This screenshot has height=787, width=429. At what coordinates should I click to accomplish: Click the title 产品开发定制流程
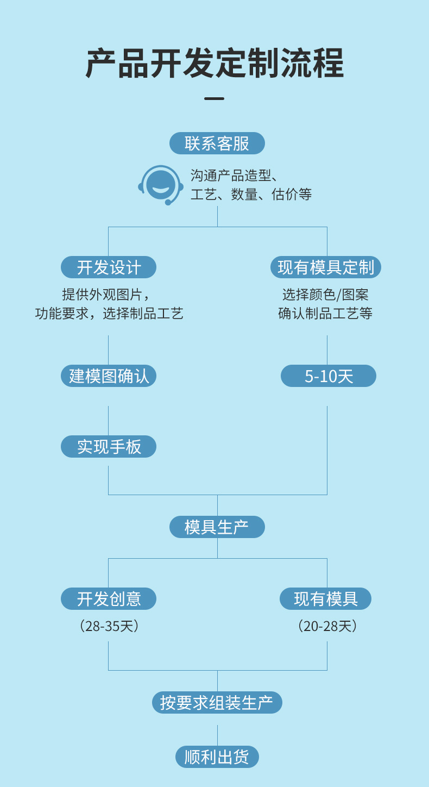pyautogui.click(x=214, y=64)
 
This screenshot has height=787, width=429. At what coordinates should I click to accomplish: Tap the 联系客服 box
pyautogui.click(x=217, y=143)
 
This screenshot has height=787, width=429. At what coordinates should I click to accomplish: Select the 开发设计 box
pyautogui.click(x=109, y=267)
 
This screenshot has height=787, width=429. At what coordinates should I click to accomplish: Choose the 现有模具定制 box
pyautogui.click(x=326, y=267)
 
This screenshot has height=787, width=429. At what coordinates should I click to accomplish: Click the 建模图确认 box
pyautogui.click(x=109, y=376)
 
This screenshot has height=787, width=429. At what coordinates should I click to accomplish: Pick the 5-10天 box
pyautogui.click(x=328, y=376)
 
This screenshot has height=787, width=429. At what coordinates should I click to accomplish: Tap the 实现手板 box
pyautogui.click(x=109, y=447)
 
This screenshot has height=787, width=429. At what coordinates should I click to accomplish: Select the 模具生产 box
pyautogui.click(x=217, y=527)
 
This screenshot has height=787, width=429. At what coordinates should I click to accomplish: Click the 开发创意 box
pyautogui.click(x=109, y=599)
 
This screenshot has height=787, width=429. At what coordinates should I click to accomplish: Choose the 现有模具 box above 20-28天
pyautogui.click(x=325, y=599)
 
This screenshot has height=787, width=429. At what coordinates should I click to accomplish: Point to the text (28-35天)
pyautogui.click(x=109, y=626)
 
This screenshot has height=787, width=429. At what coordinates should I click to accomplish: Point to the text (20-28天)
pyautogui.click(x=327, y=626)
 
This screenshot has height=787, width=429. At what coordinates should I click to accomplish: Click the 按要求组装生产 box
pyautogui.click(x=217, y=703)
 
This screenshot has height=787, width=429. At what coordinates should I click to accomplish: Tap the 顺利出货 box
pyautogui.click(x=217, y=757)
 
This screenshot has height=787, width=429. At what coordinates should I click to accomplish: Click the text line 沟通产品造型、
pyautogui.click(x=234, y=176)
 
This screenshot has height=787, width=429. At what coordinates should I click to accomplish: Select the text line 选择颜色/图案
pyautogui.click(x=325, y=295)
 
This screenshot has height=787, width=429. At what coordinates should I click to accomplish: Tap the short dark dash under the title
pyautogui.click(x=214, y=99)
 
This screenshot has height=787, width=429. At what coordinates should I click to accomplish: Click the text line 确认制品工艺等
pyautogui.click(x=325, y=314)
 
